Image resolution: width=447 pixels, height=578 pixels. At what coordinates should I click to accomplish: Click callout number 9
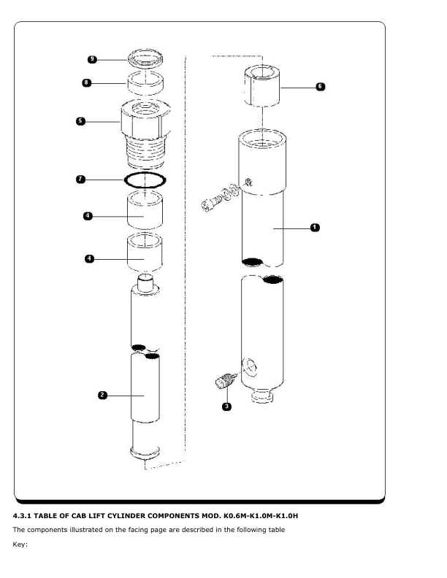click(x=92, y=59)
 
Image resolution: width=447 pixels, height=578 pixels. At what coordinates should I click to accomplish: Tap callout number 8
click(x=86, y=82)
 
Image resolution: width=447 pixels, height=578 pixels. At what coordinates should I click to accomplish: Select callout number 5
click(x=80, y=121)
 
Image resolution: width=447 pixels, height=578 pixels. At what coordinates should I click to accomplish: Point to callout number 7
click(x=80, y=180)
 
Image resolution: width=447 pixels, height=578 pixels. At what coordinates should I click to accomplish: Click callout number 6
click(x=320, y=87)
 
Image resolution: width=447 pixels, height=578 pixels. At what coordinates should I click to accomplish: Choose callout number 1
click(x=315, y=228)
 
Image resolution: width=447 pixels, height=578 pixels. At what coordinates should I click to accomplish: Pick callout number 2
click(x=102, y=395)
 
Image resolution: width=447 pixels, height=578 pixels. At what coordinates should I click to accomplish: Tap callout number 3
click(x=227, y=406)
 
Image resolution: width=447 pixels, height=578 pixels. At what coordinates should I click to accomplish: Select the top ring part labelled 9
click(x=145, y=58)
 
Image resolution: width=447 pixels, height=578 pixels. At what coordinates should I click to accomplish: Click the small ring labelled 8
click(x=145, y=83)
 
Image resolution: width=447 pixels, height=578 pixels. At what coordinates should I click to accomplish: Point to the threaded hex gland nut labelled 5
click(x=145, y=134)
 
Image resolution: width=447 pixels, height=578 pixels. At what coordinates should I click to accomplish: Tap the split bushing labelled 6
click(x=262, y=86)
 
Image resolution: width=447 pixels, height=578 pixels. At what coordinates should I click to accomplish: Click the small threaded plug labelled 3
click(x=225, y=381)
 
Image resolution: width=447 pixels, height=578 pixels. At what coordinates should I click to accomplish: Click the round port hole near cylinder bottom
click(x=250, y=367)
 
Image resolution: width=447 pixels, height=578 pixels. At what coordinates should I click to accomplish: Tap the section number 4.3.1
click(x=22, y=516)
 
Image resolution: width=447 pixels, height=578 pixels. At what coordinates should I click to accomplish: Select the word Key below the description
click(x=20, y=544)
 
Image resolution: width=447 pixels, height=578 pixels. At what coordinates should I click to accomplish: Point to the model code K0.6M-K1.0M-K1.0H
click(x=260, y=516)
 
